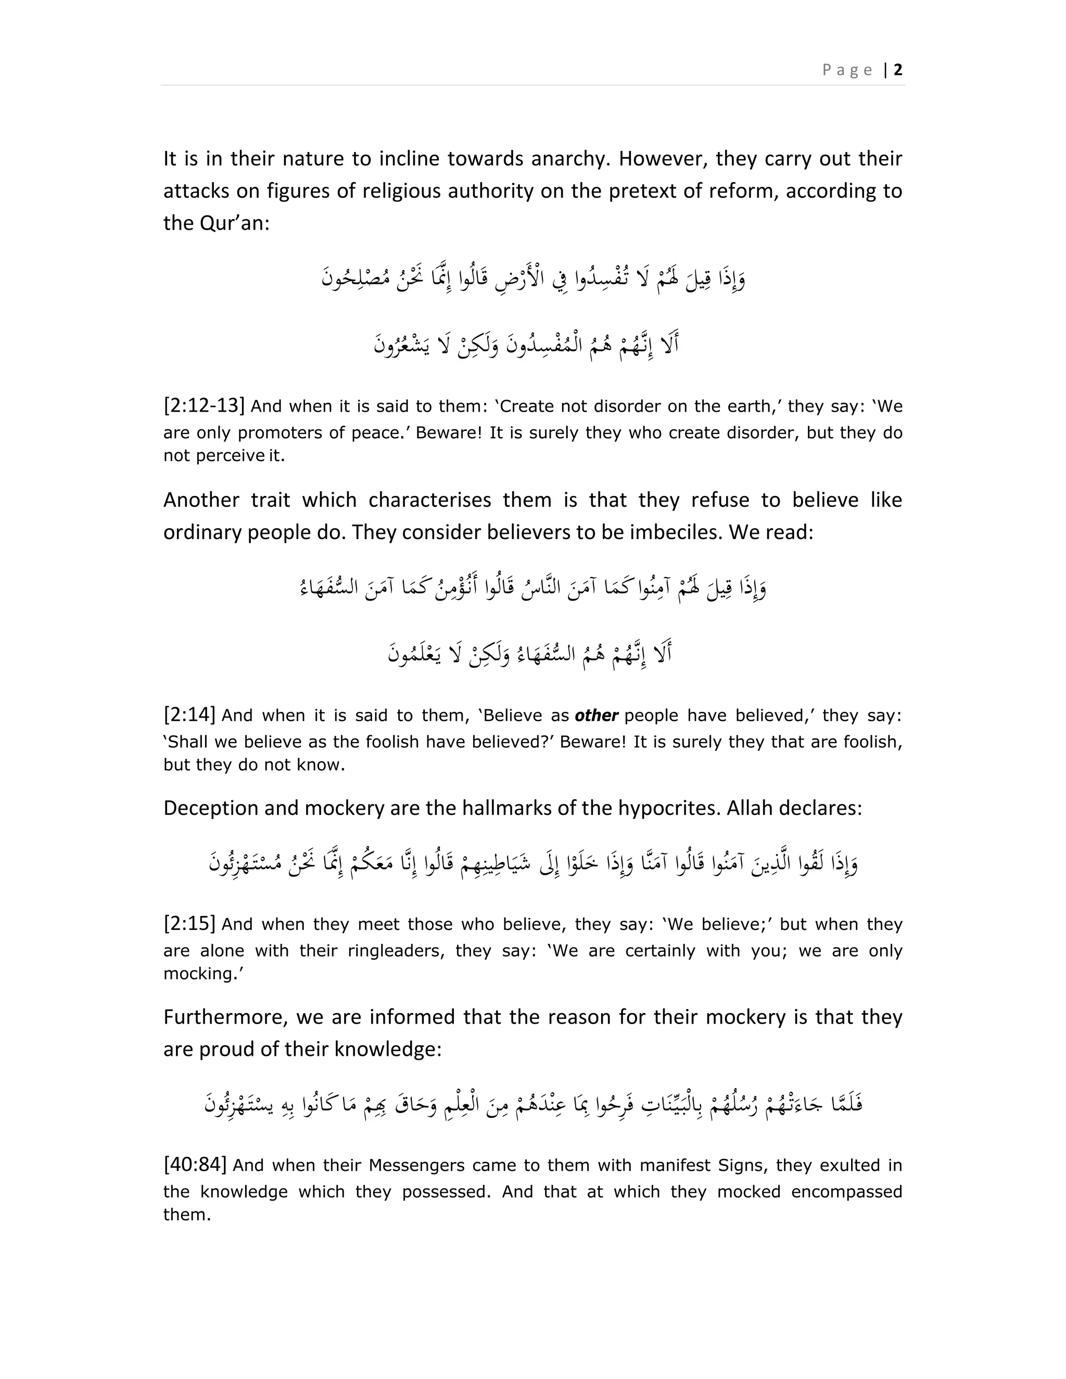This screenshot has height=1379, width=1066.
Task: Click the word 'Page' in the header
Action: (847, 70)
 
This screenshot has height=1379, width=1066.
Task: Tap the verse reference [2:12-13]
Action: (204, 405)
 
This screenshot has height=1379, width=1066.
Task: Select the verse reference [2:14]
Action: (189, 715)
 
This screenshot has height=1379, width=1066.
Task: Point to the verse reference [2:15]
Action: (189, 924)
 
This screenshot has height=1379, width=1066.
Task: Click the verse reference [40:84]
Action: (195, 1164)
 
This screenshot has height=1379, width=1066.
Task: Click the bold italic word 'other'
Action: (596, 716)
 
